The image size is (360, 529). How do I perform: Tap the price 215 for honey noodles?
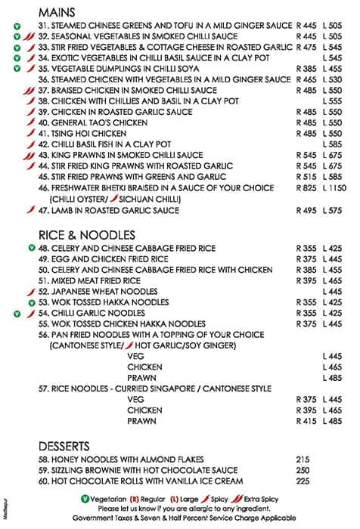click(x=304, y=459)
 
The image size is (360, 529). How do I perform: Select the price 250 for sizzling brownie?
click(x=304, y=469)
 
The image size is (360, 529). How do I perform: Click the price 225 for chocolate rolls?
click(x=304, y=481)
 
